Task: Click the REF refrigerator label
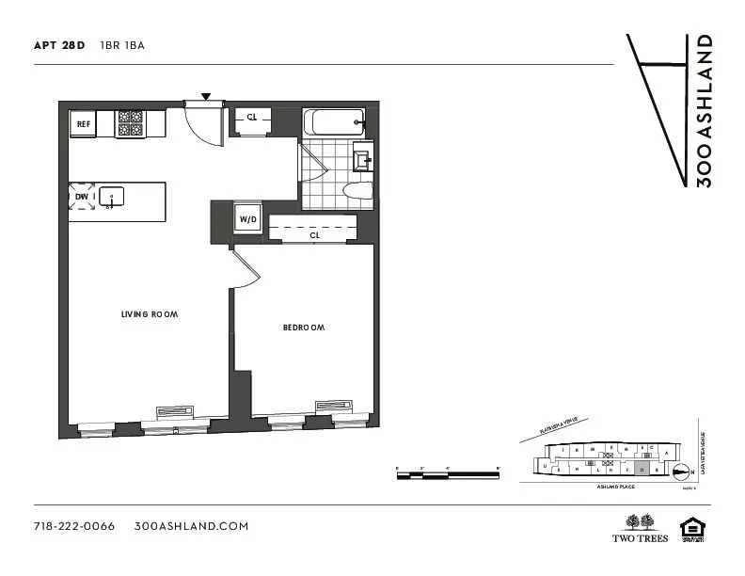(83, 123)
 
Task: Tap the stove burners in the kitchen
(129, 123)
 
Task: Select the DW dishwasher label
(82, 197)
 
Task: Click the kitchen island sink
(113, 197)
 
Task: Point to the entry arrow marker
(206, 96)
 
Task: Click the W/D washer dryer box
(248, 219)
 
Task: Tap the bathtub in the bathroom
(333, 122)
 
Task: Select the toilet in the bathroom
(358, 192)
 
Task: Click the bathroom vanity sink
(363, 159)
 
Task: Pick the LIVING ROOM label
(150, 314)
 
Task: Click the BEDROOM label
(304, 328)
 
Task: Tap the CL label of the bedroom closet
(314, 236)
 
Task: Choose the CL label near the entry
(252, 118)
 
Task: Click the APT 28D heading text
(59, 45)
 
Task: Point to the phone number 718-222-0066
(73, 526)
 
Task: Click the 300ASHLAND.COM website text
(192, 526)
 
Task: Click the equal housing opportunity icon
(692, 528)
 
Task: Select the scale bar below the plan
(447, 474)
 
